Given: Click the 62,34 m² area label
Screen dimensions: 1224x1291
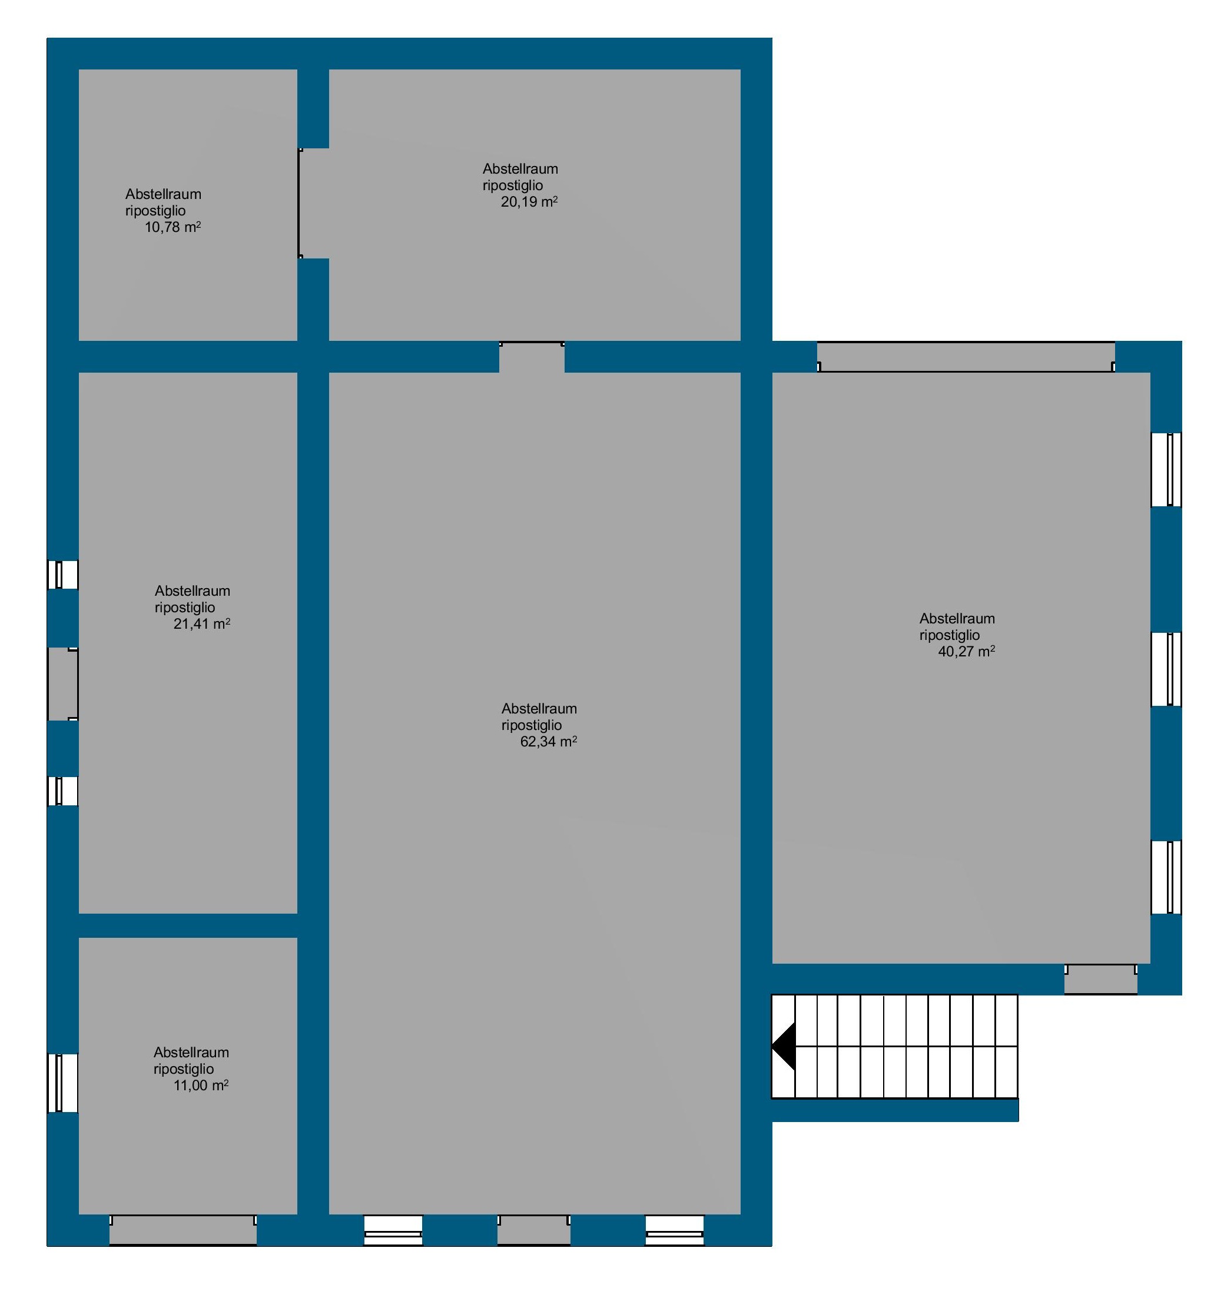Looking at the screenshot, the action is point(549,742).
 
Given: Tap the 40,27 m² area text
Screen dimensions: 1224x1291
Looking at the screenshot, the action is point(966,651).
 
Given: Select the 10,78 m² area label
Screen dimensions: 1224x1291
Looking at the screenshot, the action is point(173,227).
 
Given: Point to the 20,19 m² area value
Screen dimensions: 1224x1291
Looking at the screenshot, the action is point(529,201).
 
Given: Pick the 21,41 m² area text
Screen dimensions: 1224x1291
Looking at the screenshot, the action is point(201,623).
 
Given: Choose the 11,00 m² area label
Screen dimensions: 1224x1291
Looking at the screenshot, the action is point(201,1086).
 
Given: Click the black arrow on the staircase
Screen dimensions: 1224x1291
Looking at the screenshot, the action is point(784,1046).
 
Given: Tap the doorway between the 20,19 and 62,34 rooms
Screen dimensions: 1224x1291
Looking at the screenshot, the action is point(532,356).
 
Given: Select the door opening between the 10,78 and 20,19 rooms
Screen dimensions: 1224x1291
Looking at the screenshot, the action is point(313,203).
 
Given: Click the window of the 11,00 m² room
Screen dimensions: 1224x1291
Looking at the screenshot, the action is point(62,1083).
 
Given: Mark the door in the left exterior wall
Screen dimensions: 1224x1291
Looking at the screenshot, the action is point(62,684).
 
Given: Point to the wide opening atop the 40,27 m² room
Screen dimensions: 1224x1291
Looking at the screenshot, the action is point(966,357).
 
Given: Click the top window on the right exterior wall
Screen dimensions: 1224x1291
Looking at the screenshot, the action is point(1166,470).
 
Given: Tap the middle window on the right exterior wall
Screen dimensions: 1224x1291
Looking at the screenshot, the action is point(1166,669).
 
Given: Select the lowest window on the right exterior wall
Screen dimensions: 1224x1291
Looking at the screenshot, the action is point(1166,877).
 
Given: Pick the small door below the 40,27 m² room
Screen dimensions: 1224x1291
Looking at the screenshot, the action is point(1101,979).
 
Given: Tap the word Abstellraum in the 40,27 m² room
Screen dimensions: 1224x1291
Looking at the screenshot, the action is point(957,619).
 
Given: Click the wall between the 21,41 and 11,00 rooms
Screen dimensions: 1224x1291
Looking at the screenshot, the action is point(188,925).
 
